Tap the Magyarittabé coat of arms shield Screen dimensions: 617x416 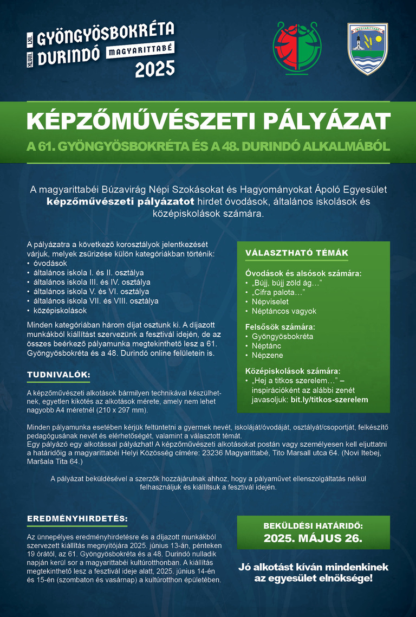point(368,48)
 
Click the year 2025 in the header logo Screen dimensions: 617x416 point(155,68)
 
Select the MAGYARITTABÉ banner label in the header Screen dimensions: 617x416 point(140,50)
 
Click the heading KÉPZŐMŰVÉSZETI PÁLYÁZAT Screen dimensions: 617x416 point(208,122)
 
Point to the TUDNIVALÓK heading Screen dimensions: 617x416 point(58,375)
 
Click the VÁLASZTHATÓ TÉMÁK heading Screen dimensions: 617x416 point(296,253)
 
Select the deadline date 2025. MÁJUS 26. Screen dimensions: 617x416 point(313,538)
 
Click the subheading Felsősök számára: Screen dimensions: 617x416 point(279,327)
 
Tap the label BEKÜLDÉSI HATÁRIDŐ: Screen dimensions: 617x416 point(313,525)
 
